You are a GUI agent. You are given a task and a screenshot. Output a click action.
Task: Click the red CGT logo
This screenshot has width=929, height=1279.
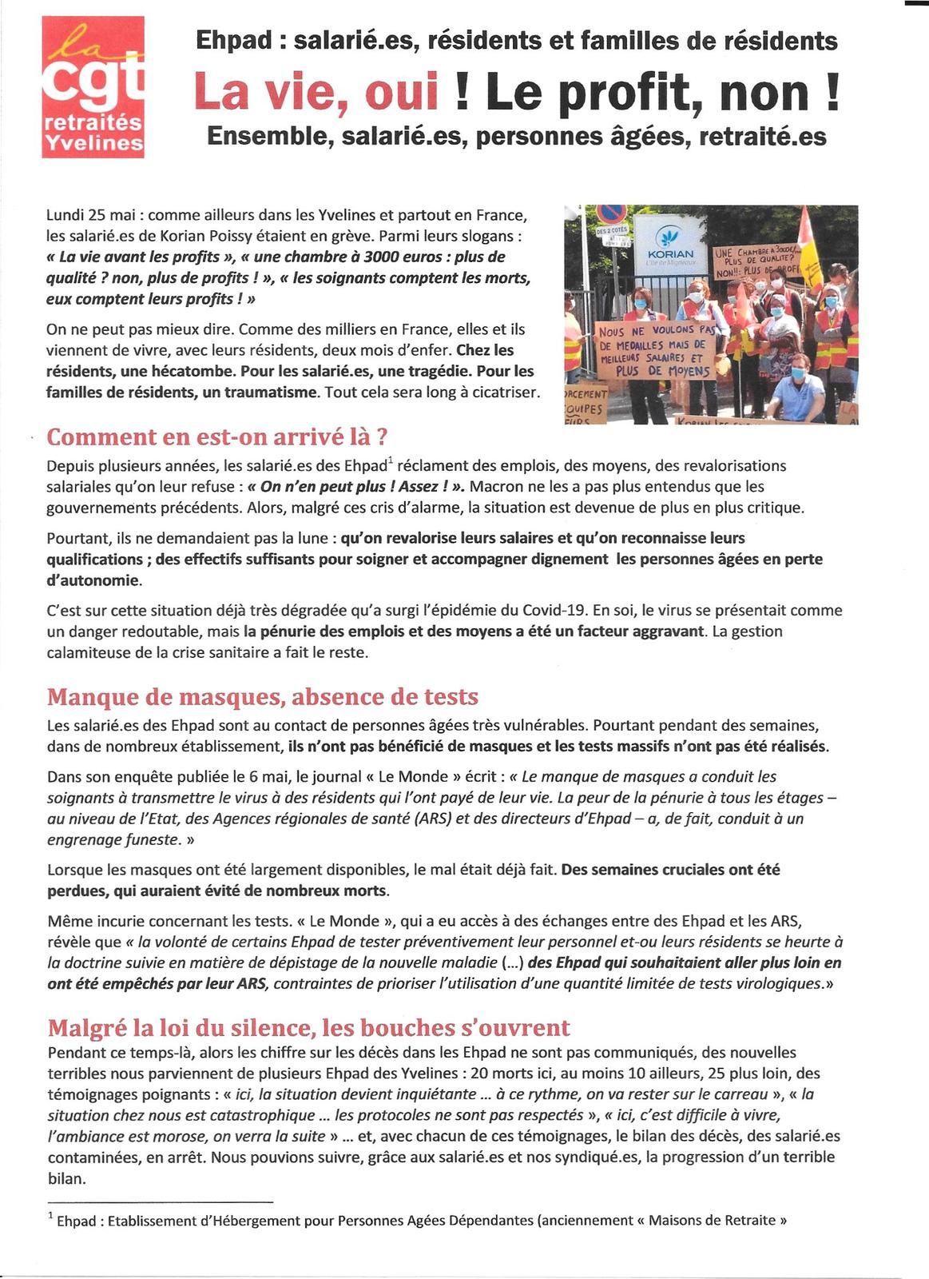tap(93, 87)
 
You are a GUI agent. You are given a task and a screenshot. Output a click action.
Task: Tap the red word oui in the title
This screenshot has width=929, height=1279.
tap(401, 91)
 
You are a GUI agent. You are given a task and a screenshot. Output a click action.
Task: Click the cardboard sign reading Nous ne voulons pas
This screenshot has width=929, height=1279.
tap(655, 349)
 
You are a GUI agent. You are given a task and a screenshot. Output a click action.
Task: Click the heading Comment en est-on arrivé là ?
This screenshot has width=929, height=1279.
tap(217, 437)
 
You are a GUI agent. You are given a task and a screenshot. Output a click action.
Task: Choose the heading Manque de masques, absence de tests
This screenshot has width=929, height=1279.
tap(262, 696)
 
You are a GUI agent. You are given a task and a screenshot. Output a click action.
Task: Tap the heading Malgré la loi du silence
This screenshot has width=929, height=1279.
tap(308, 1027)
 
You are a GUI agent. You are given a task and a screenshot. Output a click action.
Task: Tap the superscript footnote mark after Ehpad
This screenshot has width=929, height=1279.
tap(391, 460)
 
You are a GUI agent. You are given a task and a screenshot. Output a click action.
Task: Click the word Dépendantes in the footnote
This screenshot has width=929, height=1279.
tap(490, 1221)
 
